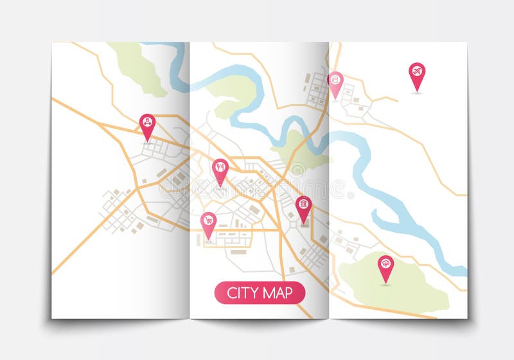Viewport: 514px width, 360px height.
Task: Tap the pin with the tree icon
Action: [x=385, y=264]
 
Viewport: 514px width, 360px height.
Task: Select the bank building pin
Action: [x=303, y=206]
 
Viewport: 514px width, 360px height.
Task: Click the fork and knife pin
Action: [x=220, y=168]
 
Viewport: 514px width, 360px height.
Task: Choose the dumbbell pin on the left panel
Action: [x=148, y=123]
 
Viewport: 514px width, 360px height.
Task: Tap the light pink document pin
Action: [x=335, y=82]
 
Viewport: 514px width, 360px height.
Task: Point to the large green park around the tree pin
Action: [x=411, y=283]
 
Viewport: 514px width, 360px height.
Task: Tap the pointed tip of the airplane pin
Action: [x=417, y=91]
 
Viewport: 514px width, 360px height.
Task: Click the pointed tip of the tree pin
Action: [x=385, y=283]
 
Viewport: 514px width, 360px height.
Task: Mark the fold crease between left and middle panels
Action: [x=190, y=180]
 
